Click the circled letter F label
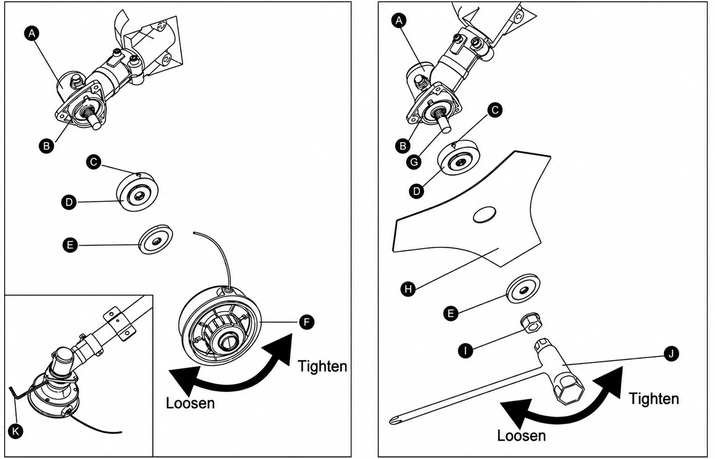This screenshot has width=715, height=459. [x=306, y=322]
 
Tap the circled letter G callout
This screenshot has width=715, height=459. [x=414, y=162]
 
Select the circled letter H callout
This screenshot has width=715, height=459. [x=408, y=289]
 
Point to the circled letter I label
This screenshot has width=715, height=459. [x=465, y=351]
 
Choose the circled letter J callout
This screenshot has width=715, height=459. [x=671, y=353]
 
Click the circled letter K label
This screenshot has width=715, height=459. [x=16, y=432]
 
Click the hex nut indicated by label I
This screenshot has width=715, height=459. [x=531, y=323]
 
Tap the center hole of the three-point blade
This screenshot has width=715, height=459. [x=484, y=214]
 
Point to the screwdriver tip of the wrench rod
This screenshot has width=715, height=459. [x=393, y=422]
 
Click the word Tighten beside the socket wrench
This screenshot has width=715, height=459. [x=654, y=399]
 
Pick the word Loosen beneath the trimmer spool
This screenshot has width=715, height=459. [x=190, y=403]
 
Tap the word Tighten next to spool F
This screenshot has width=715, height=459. [x=322, y=366]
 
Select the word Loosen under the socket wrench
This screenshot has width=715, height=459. [x=521, y=436]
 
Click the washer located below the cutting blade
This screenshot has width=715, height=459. [x=523, y=289]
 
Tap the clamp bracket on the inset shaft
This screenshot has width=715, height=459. [x=119, y=324]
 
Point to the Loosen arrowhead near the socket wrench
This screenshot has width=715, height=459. [x=515, y=413]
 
